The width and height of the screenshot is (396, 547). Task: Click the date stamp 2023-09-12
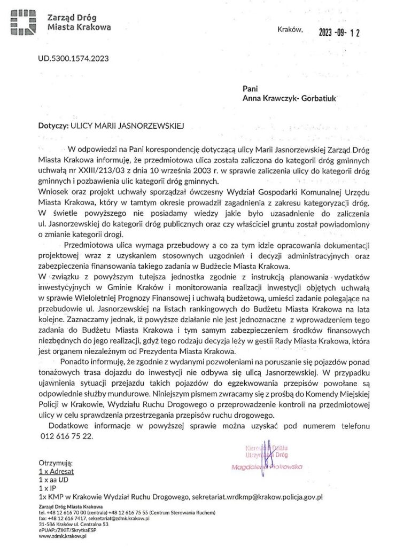[339, 33]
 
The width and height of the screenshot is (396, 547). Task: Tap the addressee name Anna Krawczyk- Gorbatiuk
[290, 98]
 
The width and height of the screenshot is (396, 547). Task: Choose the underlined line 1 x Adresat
[56, 472]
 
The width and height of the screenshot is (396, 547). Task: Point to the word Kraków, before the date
[290, 29]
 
